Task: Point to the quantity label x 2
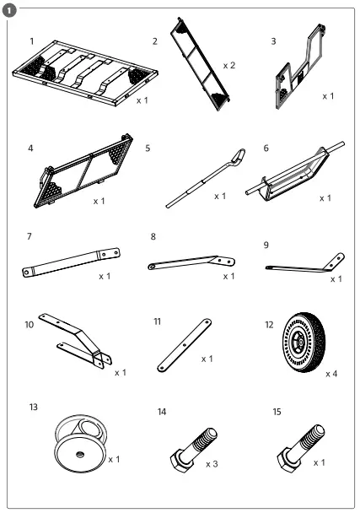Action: [229, 64]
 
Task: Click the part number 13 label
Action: [33, 405]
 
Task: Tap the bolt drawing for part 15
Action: [299, 453]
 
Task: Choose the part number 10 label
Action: [30, 322]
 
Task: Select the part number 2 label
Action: [155, 40]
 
